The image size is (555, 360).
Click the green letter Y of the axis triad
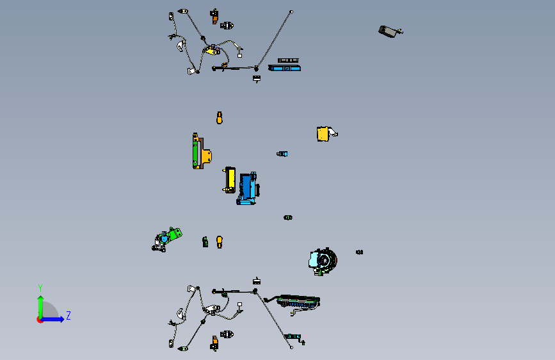(40, 288)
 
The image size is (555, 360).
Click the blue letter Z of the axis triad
(68, 315)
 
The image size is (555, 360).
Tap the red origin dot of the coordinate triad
(39, 320)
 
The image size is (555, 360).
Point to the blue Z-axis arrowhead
(61, 319)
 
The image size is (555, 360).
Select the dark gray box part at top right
(390, 31)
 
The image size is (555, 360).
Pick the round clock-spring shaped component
(323, 261)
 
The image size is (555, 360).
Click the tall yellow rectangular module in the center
(230, 179)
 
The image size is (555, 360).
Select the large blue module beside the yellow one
(248, 188)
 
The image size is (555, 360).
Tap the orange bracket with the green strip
(202, 151)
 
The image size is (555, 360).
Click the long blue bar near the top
(285, 68)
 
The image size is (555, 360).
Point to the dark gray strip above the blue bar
(288, 61)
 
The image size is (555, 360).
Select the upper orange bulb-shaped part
(220, 118)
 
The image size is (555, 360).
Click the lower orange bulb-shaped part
(220, 242)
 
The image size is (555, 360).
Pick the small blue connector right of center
(282, 154)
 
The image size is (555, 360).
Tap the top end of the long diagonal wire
(291, 12)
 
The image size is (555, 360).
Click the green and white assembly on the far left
(166, 240)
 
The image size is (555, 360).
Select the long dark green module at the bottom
(298, 302)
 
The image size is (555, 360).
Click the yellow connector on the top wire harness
(213, 51)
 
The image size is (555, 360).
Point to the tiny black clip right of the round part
(359, 252)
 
